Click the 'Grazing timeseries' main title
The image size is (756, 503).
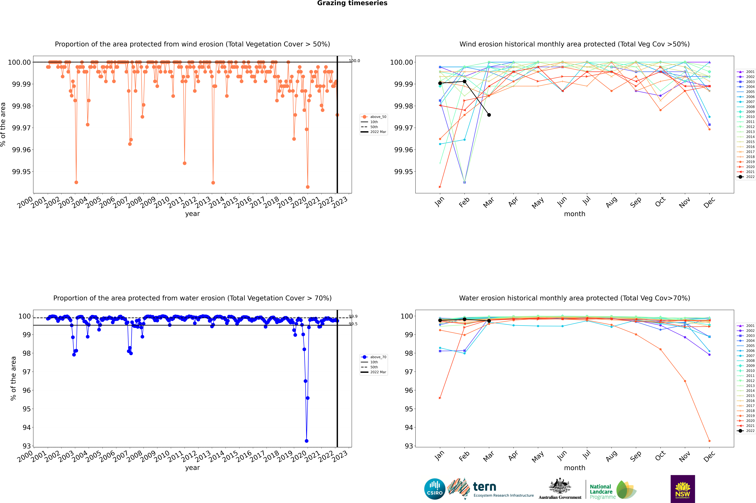coord(352,3)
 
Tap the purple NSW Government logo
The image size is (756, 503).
coord(683,489)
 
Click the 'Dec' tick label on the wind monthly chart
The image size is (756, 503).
coord(709,202)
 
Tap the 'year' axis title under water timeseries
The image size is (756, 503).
coord(192,468)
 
